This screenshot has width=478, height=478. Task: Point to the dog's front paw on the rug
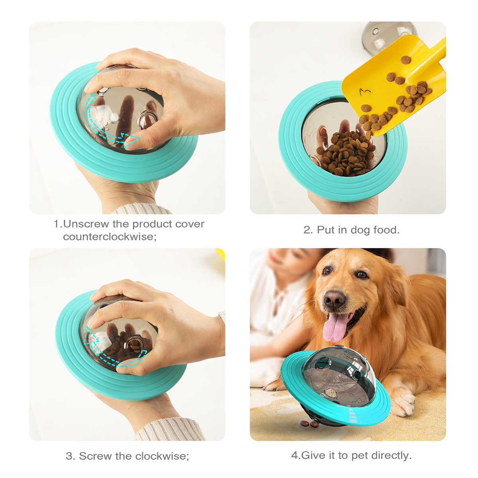click(402, 402)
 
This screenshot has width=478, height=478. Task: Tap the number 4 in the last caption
click(294, 455)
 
